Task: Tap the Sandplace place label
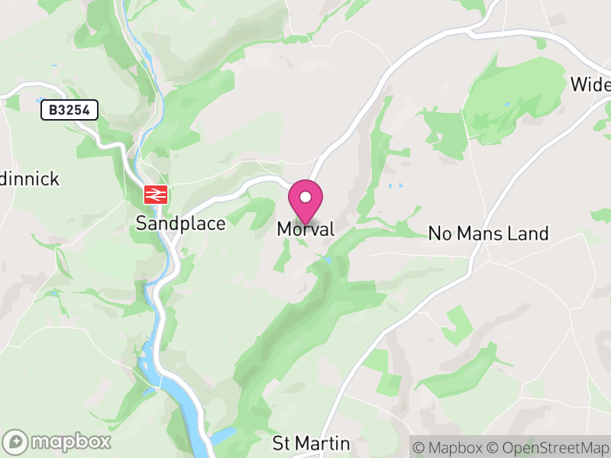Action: coord(181,224)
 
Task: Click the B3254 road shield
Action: coord(70,111)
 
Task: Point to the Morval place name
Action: coord(305,229)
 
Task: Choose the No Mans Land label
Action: coord(488,234)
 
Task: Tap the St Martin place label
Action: coord(311,443)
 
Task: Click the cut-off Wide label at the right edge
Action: coord(591,84)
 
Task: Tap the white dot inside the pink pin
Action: coord(305,197)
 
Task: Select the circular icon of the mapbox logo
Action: coord(16,441)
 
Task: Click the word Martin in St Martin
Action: coord(322,443)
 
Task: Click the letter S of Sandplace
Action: coord(141,224)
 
